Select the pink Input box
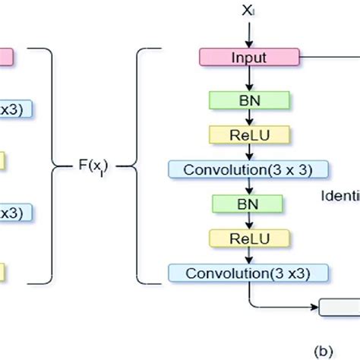[x=250, y=56]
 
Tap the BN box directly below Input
[x=250, y=99]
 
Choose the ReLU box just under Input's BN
[x=250, y=134]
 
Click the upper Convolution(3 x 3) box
[x=250, y=169]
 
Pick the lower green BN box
[x=250, y=204]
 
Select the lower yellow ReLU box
[x=250, y=238]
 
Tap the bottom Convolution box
[x=250, y=273]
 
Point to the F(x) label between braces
[x=93, y=165]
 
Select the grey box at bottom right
[x=339, y=308]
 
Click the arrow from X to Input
[x=249, y=33]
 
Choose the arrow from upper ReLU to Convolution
[x=250, y=152]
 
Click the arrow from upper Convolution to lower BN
[x=250, y=187]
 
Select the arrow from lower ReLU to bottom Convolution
[x=250, y=256]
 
